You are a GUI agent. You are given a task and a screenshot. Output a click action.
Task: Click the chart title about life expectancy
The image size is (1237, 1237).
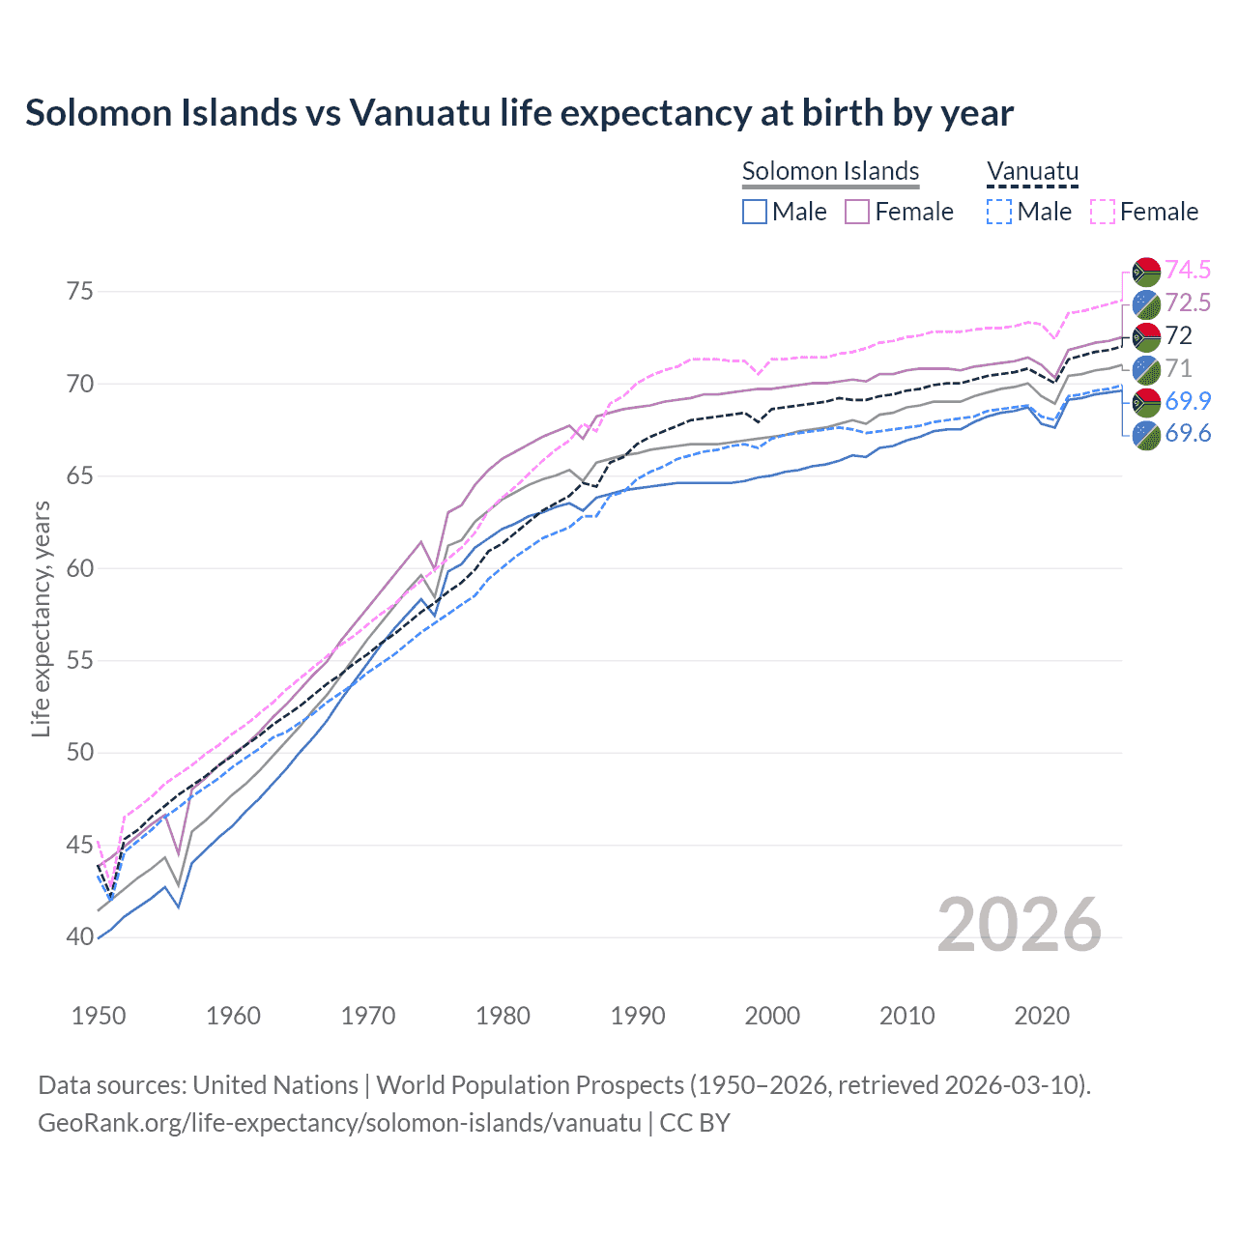(519, 113)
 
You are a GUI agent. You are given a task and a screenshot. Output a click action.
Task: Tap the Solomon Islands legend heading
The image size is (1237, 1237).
(830, 171)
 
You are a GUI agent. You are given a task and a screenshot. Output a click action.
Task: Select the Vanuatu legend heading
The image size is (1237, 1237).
(1032, 171)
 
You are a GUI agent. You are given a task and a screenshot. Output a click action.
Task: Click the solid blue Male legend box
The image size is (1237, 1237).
(755, 212)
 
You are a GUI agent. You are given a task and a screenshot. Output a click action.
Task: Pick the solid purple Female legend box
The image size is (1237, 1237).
(857, 212)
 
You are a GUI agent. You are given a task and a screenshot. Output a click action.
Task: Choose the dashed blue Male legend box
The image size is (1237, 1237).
(999, 212)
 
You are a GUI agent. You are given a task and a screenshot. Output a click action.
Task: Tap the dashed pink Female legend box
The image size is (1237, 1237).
(1103, 212)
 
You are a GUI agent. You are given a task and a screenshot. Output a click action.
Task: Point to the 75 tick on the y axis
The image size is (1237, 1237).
(80, 292)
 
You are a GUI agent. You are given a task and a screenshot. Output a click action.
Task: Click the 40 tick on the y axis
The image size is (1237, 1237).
(80, 937)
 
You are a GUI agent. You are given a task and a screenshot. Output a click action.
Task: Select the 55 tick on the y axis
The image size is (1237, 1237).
(80, 661)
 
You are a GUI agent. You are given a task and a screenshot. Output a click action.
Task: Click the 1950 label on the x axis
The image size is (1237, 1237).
(99, 1016)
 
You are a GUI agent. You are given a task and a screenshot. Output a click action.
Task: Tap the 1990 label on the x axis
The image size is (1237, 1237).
(638, 1016)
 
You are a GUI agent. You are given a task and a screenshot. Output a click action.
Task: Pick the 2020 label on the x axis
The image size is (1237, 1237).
(1042, 1016)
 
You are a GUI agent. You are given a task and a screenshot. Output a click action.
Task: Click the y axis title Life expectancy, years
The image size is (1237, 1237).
(41, 618)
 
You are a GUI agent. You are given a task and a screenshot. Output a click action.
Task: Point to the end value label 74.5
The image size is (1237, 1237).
(1188, 270)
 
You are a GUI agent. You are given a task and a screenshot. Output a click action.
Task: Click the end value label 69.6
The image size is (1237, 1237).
(1188, 434)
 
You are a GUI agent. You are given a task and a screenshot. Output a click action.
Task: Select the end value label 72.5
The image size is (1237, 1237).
(1188, 302)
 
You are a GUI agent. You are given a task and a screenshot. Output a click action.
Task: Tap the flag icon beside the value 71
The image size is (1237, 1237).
(1146, 369)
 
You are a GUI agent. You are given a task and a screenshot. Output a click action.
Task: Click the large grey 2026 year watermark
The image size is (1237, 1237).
(1019, 925)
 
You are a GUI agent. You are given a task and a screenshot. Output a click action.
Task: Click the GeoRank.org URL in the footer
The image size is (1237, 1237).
(339, 1123)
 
